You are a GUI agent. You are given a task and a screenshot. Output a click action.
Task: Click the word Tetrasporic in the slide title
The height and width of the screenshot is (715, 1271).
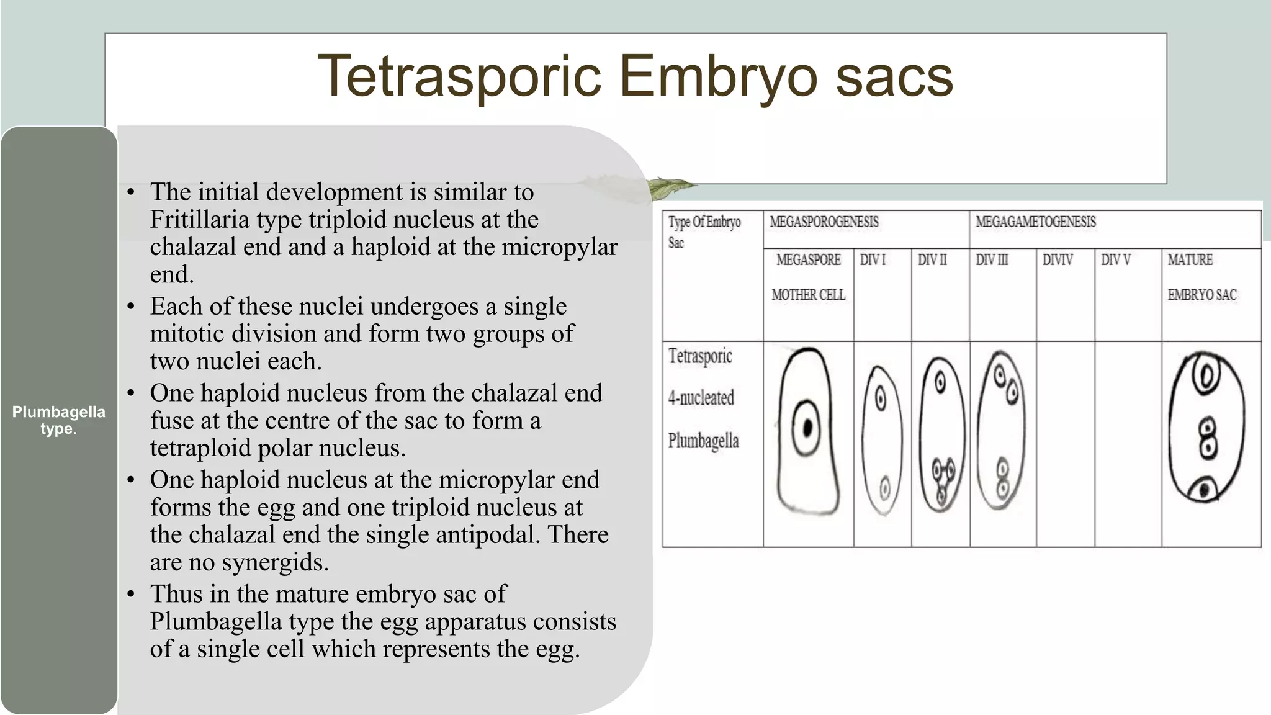[460, 76]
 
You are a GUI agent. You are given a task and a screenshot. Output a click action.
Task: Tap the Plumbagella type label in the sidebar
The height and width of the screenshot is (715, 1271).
[58, 420]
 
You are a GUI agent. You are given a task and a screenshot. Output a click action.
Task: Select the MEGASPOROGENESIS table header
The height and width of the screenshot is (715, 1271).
[824, 222]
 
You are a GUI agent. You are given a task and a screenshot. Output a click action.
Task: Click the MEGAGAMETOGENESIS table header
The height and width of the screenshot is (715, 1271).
[1035, 222]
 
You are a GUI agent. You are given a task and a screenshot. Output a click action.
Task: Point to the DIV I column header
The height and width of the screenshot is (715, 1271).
[873, 260]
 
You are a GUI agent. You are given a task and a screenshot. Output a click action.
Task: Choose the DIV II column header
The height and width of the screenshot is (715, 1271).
[932, 260]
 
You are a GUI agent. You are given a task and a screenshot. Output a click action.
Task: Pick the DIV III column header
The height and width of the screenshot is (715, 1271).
[992, 260]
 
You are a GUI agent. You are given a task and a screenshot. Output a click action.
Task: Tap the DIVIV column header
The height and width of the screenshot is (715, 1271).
[1058, 260]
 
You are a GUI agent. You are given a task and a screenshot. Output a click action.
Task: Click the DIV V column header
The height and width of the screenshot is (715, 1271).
[1116, 260]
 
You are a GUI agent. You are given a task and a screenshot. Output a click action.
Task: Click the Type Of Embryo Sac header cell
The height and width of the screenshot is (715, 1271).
[704, 232]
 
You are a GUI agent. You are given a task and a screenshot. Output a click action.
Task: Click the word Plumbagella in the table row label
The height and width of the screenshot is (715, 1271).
[703, 441]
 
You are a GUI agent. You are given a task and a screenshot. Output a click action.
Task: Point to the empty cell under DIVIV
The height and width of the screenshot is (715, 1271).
[1065, 444]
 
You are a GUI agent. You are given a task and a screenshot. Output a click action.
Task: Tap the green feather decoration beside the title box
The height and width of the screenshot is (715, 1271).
[668, 187]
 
